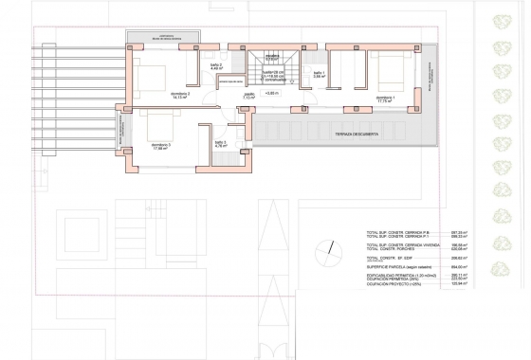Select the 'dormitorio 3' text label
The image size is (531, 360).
point(160,146)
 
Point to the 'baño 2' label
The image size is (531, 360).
point(215,65)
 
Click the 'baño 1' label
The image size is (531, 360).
point(320,75)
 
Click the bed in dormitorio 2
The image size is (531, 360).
point(149,71)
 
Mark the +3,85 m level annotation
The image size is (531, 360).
point(272,94)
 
